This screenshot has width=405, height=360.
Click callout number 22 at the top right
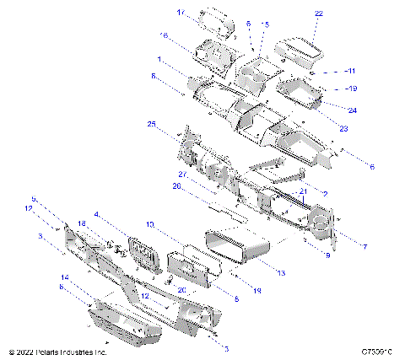pyautogui.click(x=318, y=14)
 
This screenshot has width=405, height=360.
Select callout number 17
pyautogui.click(x=181, y=13)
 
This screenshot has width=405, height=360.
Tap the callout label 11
pyautogui.click(x=352, y=71)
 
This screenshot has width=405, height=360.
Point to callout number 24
pyautogui.click(x=352, y=110)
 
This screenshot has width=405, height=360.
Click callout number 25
pyautogui.click(x=152, y=124)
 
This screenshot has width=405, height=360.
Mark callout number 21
pyautogui.click(x=299, y=192)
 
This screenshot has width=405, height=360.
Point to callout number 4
pyautogui.click(x=121, y=214)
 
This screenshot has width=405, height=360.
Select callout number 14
pyautogui.click(x=64, y=277)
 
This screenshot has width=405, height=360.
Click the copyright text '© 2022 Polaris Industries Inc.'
pyautogui.click(x=57, y=351)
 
